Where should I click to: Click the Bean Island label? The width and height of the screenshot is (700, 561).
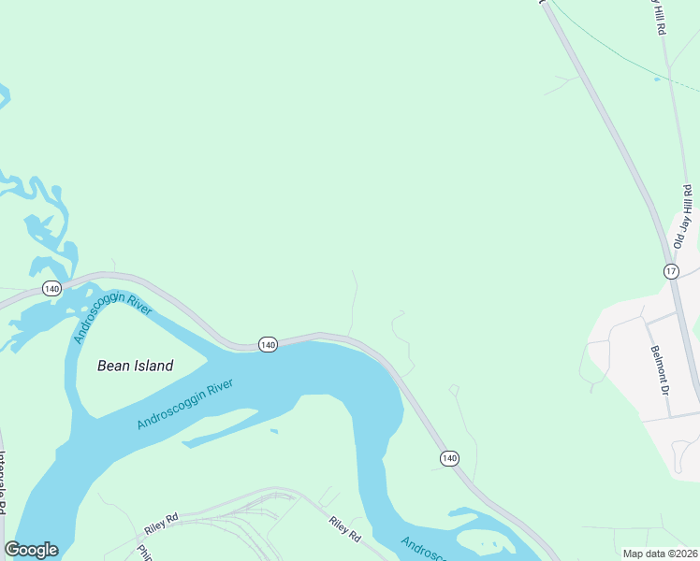pos(135,366)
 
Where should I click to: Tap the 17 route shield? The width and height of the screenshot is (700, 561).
pos(671,271)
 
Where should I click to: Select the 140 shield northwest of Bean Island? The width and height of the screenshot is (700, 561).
pos(51,290)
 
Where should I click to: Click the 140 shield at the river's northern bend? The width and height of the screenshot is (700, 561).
pos(268,344)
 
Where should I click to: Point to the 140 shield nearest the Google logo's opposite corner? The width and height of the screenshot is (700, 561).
pos(449,457)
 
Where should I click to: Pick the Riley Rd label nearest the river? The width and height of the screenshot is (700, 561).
pos(344,530)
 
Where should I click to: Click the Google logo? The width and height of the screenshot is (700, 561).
pos(31,550)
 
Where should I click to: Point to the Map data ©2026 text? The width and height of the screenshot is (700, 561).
pos(660,554)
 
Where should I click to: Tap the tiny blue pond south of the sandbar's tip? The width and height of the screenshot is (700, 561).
pos(273,431)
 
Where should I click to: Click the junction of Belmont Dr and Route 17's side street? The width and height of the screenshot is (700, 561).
pos(645,322)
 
